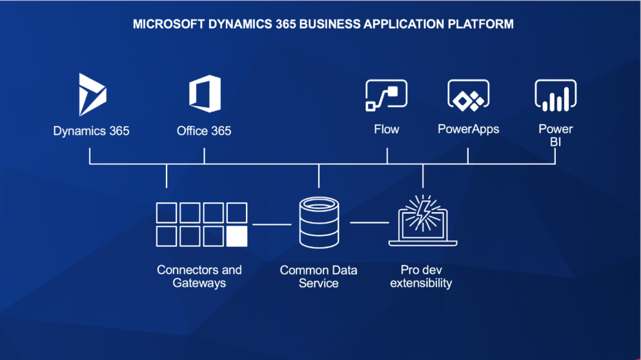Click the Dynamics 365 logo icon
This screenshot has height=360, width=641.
(x=93, y=95)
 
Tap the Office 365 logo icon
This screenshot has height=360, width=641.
(x=205, y=94)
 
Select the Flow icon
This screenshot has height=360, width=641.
(x=386, y=95)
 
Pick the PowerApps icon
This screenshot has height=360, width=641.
(x=468, y=95)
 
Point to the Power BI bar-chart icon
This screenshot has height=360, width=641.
(x=556, y=95)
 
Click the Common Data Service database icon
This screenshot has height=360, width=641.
(x=319, y=222)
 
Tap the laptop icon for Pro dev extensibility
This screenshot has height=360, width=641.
(x=423, y=221)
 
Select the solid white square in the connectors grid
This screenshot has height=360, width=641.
(x=237, y=237)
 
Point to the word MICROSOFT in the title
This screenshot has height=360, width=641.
(x=168, y=24)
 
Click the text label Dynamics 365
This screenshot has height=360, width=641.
(x=91, y=131)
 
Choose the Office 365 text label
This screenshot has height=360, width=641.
(x=204, y=131)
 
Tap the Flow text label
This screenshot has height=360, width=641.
(x=386, y=129)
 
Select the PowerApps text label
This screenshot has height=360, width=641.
(x=468, y=129)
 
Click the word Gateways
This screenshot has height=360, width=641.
(x=199, y=283)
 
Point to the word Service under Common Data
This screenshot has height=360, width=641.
(x=319, y=283)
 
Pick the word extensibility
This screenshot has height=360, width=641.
(x=421, y=283)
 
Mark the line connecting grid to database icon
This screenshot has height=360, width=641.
(x=272, y=224)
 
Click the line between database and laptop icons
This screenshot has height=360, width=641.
(x=369, y=222)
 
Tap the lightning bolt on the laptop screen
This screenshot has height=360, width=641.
(x=423, y=213)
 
